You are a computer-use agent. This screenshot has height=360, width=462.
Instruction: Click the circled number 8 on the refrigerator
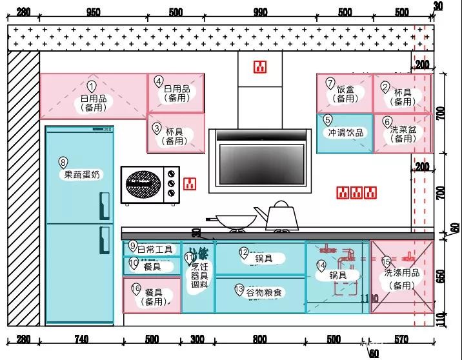click(x=63, y=162)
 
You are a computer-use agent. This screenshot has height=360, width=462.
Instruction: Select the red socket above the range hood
click(x=260, y=66)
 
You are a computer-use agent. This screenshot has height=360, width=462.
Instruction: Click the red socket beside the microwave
click(x=189, y=184)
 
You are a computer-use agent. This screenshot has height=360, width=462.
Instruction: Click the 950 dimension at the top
click(x=93, y=12)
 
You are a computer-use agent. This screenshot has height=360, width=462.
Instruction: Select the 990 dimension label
click(x=260, y=12)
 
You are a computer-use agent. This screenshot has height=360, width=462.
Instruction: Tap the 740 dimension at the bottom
click(x=81, y=339)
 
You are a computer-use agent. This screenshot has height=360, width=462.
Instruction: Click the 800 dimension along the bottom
click(x=259, y=339)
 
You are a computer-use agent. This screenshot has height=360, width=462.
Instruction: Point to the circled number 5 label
click(x=328, y=120)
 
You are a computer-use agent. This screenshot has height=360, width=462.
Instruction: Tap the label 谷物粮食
click(x=265, y=293)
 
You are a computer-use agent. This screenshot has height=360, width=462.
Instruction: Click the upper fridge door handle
click(x=104, y=206)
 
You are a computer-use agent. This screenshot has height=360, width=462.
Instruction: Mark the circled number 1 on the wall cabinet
click(x=92, y=86)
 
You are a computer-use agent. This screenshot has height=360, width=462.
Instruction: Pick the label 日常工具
click(x=155, y=248)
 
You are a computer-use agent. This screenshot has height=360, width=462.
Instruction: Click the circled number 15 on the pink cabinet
click(x=386, y=261)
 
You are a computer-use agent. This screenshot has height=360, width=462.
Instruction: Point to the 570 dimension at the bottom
click(x=401, y=339)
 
